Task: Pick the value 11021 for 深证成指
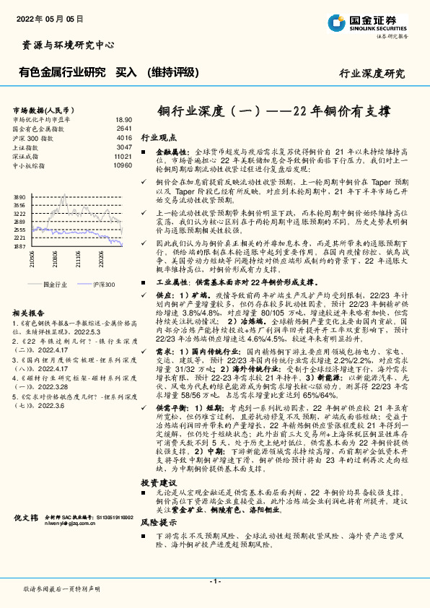[123, 156]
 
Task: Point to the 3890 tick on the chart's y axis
[19, 196]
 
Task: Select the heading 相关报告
[30, 313]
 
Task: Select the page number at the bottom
[214, 581]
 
